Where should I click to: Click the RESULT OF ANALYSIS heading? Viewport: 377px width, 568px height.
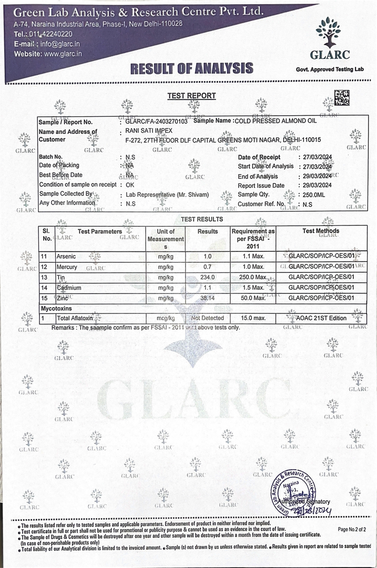[191, 68]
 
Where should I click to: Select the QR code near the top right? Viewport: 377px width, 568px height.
[342, 97]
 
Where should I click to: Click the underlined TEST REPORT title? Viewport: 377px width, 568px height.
[191, 96]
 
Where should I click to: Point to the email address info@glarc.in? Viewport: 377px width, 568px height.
[60, 44]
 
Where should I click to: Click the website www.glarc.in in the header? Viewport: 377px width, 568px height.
[62, 54]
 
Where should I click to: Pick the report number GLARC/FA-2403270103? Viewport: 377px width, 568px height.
[156, 121]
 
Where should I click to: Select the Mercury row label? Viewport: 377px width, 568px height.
[66, 267]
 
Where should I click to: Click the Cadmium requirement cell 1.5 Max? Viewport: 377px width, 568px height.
[252, 288]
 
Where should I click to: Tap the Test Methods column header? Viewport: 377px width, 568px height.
[321, 231]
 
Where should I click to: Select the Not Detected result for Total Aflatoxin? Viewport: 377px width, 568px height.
[207, 318]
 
